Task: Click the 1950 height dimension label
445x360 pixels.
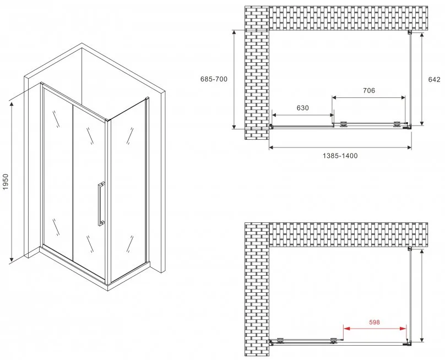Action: pos(6,182)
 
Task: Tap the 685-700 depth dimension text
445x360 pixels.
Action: pos(214,79)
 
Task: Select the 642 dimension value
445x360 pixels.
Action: pos(434,79)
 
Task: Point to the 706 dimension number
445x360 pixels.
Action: pos(369,90)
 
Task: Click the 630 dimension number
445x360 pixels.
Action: pos(302,108)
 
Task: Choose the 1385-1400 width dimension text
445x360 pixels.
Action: pos(340,156)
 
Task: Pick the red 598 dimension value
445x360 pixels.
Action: pos(375,322)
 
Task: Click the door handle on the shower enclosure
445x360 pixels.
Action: pos(101,204)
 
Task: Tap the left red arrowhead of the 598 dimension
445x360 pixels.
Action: pos(347,329)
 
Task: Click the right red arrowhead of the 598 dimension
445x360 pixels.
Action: pos(403,329)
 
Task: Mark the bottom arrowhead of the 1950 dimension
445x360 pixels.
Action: pos(12,258)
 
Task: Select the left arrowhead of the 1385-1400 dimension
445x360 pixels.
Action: pos(272,147)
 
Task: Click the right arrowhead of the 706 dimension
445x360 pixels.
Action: pos(403,97)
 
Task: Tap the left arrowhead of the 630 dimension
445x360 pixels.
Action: pos(275,115)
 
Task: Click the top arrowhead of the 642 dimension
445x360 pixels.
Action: pos(422,36)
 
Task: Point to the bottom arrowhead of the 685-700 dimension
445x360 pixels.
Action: pos(234,126)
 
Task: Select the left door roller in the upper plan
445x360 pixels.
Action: pos(344,124)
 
